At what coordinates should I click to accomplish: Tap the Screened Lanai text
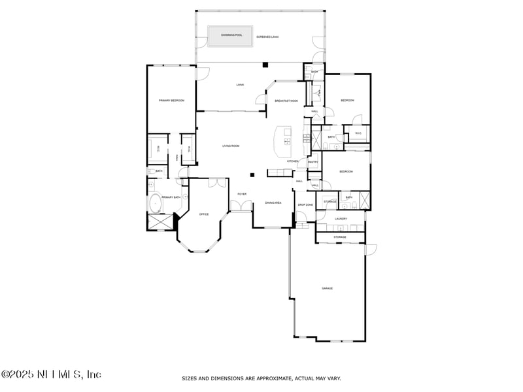[x=267, y=37]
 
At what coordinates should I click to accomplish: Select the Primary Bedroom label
[x=171, y=101]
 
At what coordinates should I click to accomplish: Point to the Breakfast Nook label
[x=286, y=101]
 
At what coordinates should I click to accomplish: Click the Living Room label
[x=230, y=146]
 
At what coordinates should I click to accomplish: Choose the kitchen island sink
[x=287, y=140]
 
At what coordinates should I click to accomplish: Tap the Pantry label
[x=312, y=162]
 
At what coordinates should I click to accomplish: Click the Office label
[x=203, y=214]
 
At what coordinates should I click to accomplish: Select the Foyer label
[x=242, y=194]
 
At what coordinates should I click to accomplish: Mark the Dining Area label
[x=273, y=203]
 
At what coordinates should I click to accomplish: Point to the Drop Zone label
[x=305, y=204]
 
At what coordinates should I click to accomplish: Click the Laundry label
[x=340, y=219]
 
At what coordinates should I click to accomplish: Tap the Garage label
[x=327, y=288]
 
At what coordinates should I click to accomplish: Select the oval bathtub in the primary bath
[x=157, y=203]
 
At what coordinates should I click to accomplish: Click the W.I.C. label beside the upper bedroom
[x=358, y=134]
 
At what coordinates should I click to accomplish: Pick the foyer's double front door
[x=241, y=207]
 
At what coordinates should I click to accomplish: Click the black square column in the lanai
[x=264, y=65]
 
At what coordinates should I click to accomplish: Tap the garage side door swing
[x=371, y=249]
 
